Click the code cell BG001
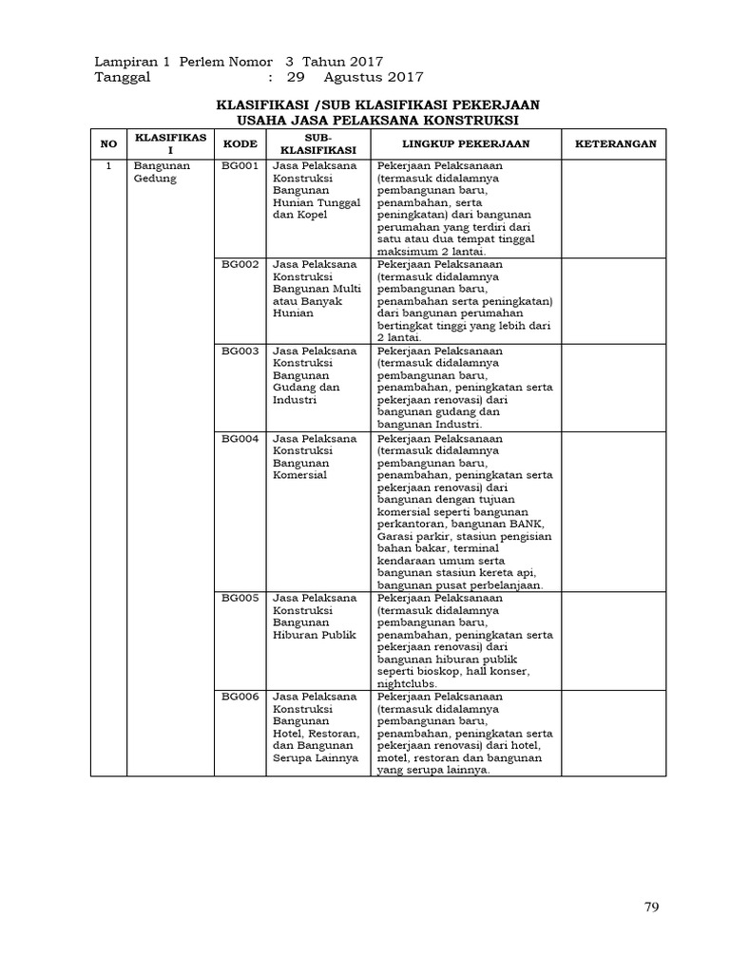pos(240,165)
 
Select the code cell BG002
pos(240,264)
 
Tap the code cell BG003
pos(240,351)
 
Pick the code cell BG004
pos(240,438)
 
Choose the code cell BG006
pos(240,696)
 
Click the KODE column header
pos(240,143)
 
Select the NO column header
pos(109,143)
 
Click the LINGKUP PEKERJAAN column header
pos(465,143)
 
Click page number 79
pos(651,907)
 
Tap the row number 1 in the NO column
pos(109,165)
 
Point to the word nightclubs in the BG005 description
pos(406,684)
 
